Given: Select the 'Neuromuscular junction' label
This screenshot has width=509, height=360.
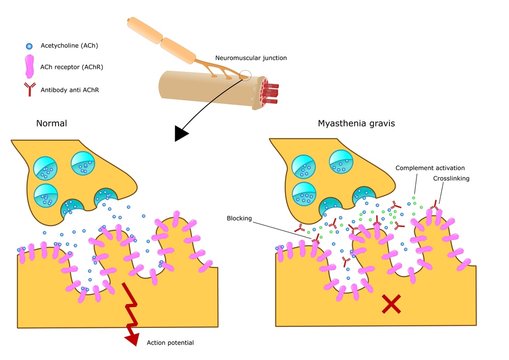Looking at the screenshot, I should pyautogui.click(x=254, y=59).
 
